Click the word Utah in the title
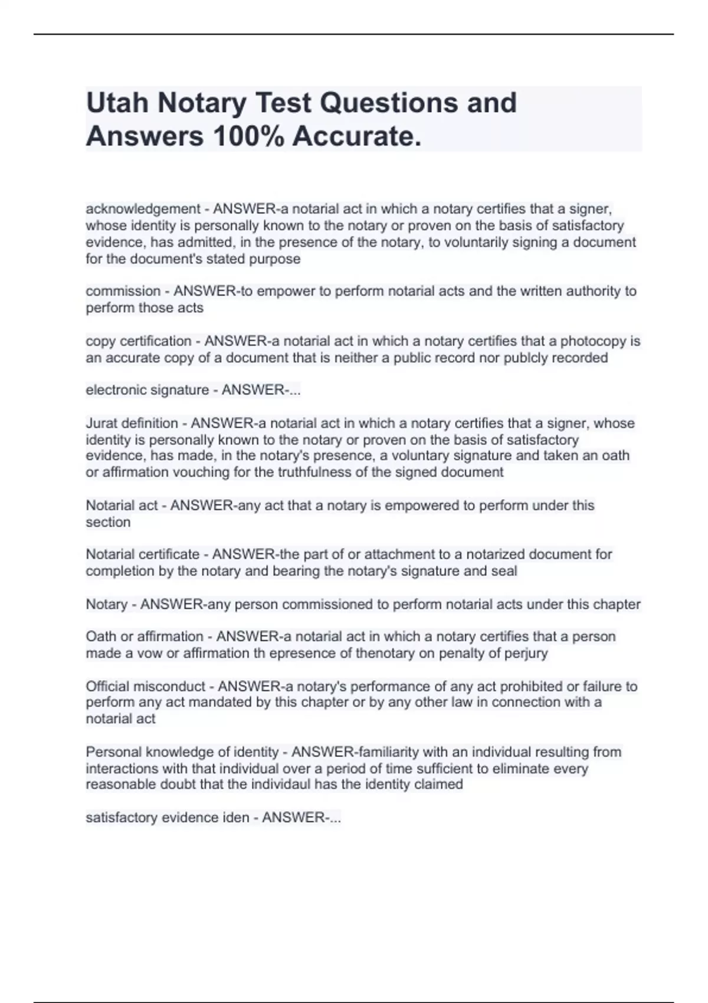point(117,103)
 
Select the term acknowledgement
point(143,209)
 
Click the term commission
point(123,291)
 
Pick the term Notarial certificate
point(142,555)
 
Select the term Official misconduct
point(146,686)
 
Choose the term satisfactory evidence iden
point(167,818)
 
